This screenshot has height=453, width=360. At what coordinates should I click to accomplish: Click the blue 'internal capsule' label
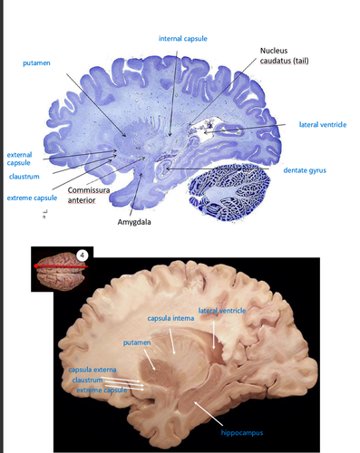(184, 39)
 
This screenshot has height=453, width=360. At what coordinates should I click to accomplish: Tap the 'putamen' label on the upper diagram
(38, 63)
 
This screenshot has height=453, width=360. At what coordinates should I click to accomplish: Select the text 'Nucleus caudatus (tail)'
(283, 55)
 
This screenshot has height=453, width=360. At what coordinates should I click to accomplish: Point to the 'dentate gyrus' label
(308, 169)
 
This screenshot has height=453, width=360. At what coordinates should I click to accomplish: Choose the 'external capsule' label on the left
(19, 159)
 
